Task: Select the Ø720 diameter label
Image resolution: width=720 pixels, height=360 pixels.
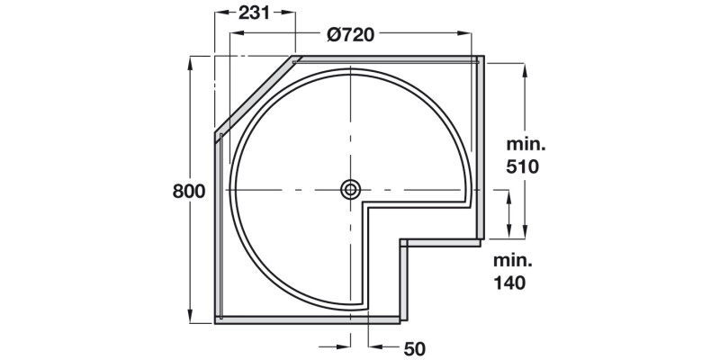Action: coord(351,35)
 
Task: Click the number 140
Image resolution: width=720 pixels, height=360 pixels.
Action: coord(509,282)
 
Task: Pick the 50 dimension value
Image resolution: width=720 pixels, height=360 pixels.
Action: coord(415,347)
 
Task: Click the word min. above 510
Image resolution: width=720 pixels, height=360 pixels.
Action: coord(526,144)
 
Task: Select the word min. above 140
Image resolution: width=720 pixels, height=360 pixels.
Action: coord(512,260)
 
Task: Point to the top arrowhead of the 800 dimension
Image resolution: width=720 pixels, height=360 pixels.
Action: coord(190,61)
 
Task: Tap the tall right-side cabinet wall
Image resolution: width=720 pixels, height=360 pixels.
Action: coord(481,148)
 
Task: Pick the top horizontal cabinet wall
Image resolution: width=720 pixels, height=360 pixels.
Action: coord(387,58)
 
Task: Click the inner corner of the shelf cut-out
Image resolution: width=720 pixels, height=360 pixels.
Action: coord(365,205)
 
